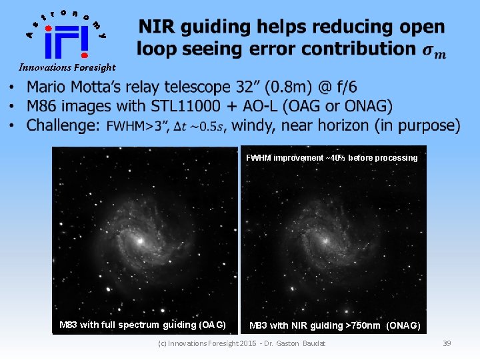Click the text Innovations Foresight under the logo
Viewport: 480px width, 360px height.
point(67,67)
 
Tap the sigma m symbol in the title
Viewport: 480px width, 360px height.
point(434,51)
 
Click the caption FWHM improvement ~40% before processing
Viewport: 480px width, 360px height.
point(331,158)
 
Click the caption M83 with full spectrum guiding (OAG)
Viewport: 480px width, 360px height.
point(142,325)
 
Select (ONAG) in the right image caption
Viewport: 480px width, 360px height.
point(404,326)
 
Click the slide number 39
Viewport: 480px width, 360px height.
point(447,343)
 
